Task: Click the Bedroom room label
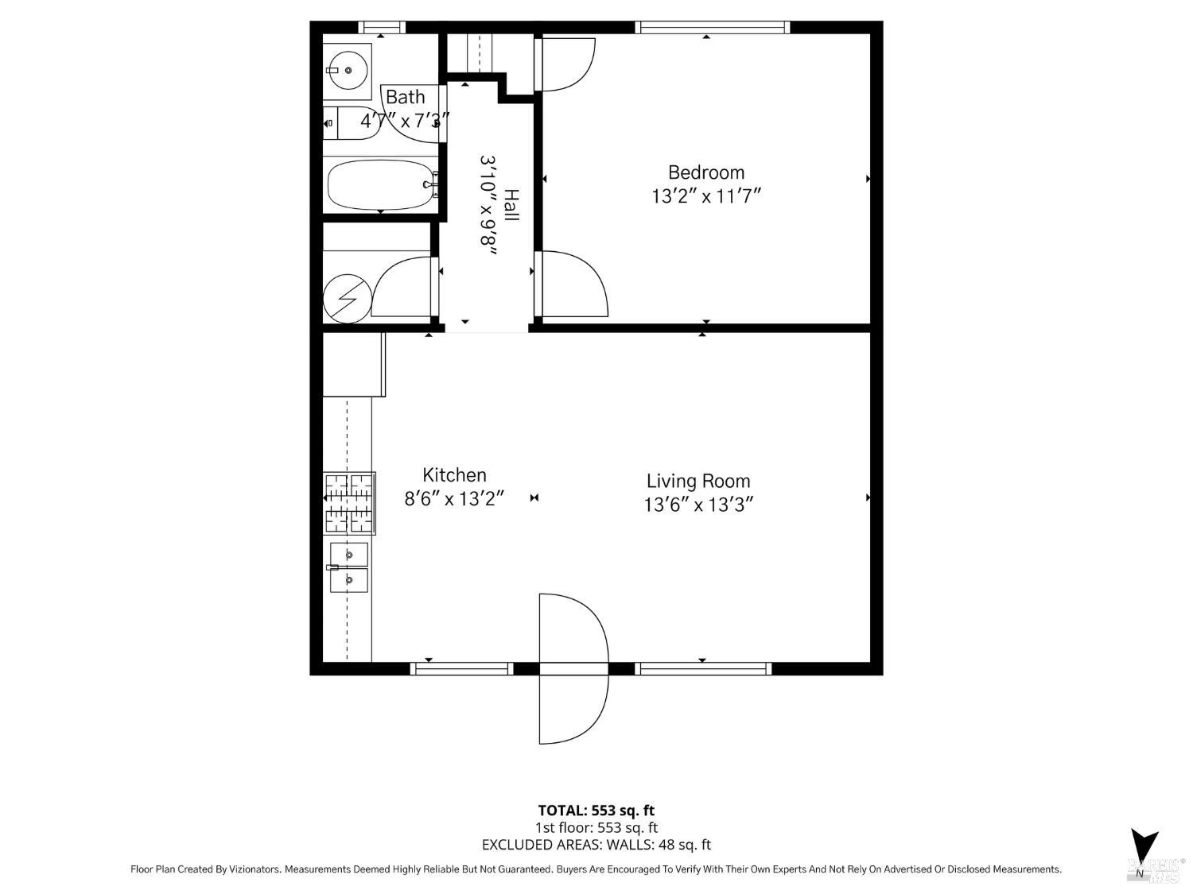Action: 706,172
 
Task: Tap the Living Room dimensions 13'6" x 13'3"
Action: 698,505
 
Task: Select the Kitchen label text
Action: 454,475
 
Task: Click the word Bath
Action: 405,97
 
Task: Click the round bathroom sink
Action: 348,71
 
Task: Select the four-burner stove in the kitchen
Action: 349,503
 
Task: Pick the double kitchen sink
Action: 349,567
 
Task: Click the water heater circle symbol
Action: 348,299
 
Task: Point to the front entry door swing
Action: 573,669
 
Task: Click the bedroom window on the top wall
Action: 712,27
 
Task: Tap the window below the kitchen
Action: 461,669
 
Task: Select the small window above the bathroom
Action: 382,27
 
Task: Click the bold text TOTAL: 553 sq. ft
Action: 596,811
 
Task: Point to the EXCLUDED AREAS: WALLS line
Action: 596,845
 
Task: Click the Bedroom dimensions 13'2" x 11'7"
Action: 706,196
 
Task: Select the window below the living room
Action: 703,669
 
